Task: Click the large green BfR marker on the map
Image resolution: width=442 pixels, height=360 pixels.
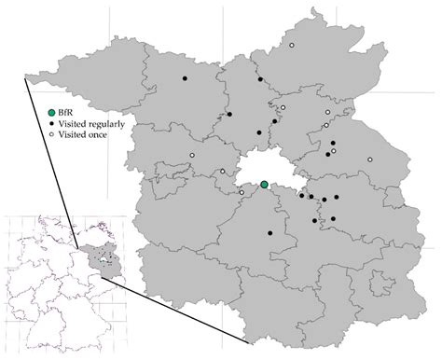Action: [x=265, y=185]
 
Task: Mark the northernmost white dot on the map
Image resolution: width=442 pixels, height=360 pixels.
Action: [x=291, y=46]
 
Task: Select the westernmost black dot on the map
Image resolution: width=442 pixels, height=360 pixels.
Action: [x=185, y=78]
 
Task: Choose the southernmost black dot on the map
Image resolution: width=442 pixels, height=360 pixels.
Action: [x=269, y=232]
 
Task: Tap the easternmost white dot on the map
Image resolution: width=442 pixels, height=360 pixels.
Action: [x=370, y=160]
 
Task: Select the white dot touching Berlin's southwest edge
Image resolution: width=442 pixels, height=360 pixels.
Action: [x=247, y=194]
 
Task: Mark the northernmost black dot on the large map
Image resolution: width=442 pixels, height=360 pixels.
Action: [x=260, y=79]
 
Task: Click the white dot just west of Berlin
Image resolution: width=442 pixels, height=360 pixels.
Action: [x=223, y=171]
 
